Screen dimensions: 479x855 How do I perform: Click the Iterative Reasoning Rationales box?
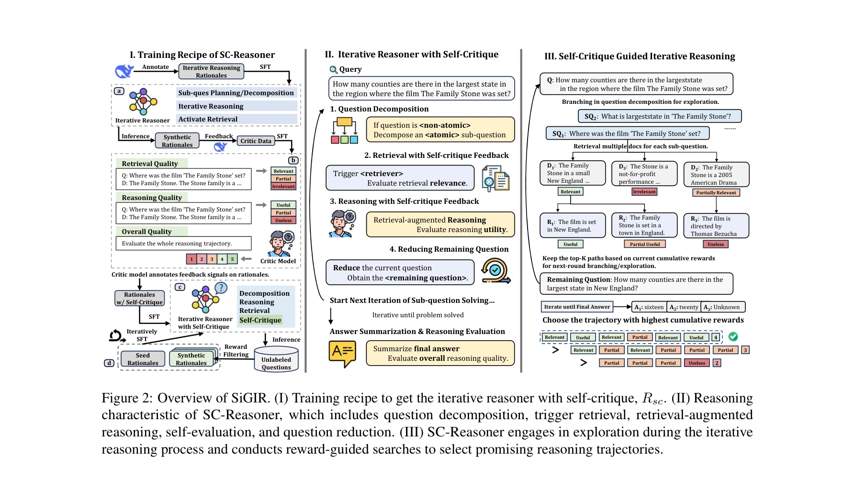pos(211,71)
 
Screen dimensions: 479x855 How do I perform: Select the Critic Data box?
pos(256,141)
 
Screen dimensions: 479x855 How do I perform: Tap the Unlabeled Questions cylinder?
pos(276,363)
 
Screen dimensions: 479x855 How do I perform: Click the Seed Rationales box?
pos(143,359)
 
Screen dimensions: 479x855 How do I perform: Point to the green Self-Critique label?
pos(260,320)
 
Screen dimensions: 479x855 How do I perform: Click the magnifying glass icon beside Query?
pos(333,70)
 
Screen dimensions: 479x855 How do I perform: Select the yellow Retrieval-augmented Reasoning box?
pos(440,224)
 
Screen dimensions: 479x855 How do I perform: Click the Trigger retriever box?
pos(400,178)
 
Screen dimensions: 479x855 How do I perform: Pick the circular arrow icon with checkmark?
pos(495,271)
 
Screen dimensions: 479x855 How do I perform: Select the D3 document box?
pos(644,174)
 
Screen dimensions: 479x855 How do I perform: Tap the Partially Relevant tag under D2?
pos(716,193)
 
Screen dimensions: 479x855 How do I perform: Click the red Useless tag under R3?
pos(715,245)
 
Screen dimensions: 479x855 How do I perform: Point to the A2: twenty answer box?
pos(684,307)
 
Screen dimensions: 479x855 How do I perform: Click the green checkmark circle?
pos(732,337)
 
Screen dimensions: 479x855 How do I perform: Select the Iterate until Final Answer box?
pos(577,307)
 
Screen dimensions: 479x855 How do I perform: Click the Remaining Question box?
pos(636,284)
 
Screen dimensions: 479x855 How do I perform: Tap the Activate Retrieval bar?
pos(236,119)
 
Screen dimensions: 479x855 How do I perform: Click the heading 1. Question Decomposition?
pos(379,109)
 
